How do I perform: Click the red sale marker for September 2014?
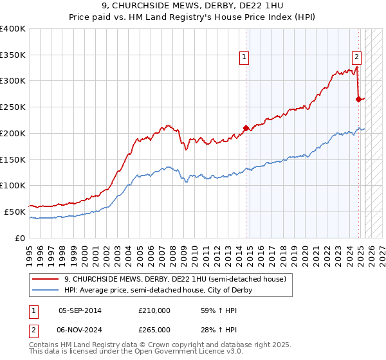(x=246, y=128)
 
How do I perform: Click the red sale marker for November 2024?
(x=358, y=99)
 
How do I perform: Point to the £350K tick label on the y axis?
(x=13, y=55)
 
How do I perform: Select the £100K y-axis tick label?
(x=13, y=185)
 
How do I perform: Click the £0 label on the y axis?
(x=21, y=238)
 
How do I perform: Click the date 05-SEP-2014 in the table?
(x=80, y=310)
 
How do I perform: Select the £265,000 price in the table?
(x=154, y=329)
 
